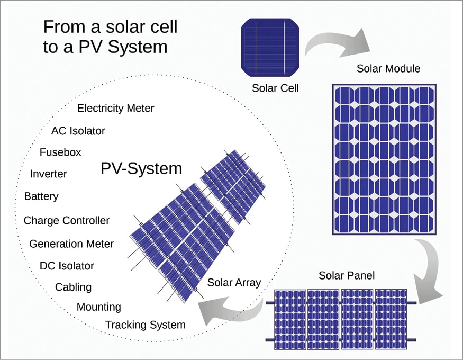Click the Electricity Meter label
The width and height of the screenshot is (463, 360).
(115, 109)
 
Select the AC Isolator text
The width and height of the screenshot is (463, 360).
(78, 131)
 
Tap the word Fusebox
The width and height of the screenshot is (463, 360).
(60, 152)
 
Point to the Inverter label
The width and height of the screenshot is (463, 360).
(49, 174)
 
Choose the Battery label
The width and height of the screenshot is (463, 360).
(41, 197)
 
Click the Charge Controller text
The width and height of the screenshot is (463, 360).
(67, 221)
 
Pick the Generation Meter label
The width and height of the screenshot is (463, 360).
(71, 244)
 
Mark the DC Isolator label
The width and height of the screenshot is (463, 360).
(67, 266)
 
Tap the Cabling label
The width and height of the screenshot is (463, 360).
(73, 287)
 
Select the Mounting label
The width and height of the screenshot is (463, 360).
(98, 307)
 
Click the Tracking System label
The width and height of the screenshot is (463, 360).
(146, 325)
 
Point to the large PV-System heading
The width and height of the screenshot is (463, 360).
(141, 169)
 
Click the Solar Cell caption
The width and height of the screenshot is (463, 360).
(275, 88)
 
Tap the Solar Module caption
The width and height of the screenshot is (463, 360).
(388, 68)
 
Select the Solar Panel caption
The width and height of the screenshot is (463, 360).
(347, 276)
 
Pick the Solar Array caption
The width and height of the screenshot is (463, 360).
(234, 283)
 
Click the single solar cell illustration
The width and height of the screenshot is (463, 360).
(270, 48)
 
